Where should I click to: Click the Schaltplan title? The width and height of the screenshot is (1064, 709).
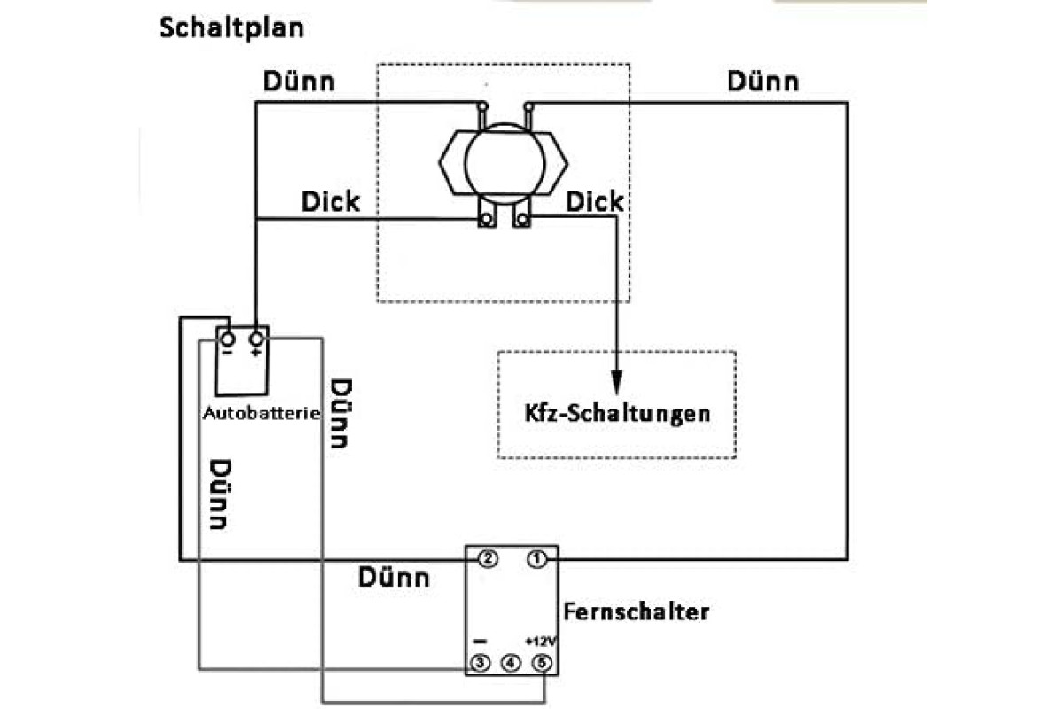(x=231, y=28)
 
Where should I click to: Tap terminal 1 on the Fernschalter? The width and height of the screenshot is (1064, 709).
(x=536, y=559)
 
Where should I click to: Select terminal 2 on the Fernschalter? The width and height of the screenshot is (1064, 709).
(x=488, y=559)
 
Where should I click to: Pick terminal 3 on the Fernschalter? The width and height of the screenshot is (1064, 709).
(x=480, y=662)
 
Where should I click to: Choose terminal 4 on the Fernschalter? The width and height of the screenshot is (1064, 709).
(x=511, y=663)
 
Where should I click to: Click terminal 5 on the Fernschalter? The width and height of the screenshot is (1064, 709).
(x=542, y=663)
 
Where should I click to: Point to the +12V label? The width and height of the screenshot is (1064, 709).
(x=540, y=641)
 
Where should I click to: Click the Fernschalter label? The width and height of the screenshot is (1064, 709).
(x=637, y=612)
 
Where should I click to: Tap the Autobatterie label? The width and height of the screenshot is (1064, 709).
(x=262, y=413)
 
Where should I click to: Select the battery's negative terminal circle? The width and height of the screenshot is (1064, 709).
(x=228, y=339)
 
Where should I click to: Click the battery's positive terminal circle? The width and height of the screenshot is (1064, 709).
(x=256, y=339)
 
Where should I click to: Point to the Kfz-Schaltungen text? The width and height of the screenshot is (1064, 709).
(x=617, y=413)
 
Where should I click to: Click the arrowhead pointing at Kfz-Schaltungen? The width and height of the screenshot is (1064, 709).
(x=616, y=383)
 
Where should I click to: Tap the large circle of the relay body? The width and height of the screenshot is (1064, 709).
(x=504, y=163)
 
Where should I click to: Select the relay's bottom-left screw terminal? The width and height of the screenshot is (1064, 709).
(x=486, y=220)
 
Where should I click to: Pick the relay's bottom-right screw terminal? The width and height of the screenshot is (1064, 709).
(x=522, y=220)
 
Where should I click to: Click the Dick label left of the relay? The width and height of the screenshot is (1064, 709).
(x=331, y=201)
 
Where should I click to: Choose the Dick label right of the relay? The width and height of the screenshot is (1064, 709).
(x=594, y=201)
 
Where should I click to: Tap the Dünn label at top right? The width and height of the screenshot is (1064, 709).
(x=763, y=82)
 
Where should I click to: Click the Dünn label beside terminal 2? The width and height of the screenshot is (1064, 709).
(x=394, y=578)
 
